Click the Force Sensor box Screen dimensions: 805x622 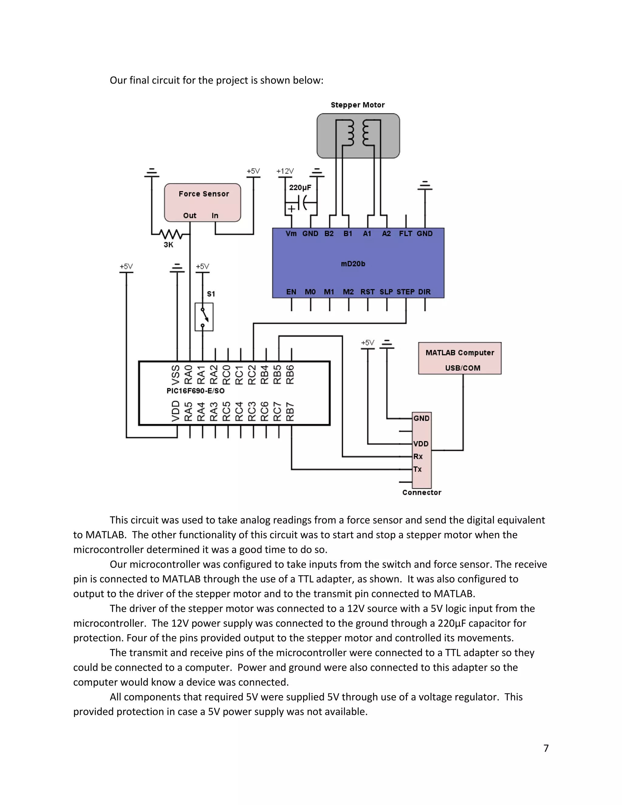tap(202, 202)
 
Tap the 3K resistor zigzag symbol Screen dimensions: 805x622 tap(171, 234)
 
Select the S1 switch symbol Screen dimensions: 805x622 tap(204, 317)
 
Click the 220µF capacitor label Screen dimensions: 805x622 tap(300, 188)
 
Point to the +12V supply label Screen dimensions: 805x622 tap(285, 171)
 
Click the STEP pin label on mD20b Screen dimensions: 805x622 tap(405, 292)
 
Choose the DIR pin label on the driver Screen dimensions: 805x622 tap(425, 292)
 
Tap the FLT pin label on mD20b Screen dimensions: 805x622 tap(405, 234)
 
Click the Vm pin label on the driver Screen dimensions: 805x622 tap(291, 234)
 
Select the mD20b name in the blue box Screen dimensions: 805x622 tap(353, 264)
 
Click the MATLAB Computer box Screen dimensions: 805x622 tap(460, 358)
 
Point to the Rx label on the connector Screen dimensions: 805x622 tap(418, 457)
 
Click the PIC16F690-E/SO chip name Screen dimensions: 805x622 tap(195, 391)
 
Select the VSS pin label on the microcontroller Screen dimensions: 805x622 tap(176, 375)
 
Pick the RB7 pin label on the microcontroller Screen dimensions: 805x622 tap(290, 412)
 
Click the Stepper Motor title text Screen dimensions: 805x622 tap(357, 105)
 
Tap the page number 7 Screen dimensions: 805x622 tap(546, 748)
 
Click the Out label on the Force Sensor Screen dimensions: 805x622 tap(190, 216)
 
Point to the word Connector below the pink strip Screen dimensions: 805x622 tap(422, 493)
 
